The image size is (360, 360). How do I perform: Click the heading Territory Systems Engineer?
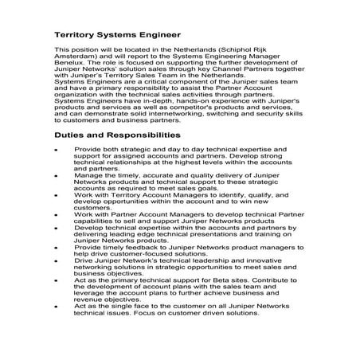tap(117, 35)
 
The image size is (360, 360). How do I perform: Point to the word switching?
tap(241, 115)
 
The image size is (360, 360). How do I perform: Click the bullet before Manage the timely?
tap(55, 173)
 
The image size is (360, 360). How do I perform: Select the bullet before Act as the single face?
tap(55, 307)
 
